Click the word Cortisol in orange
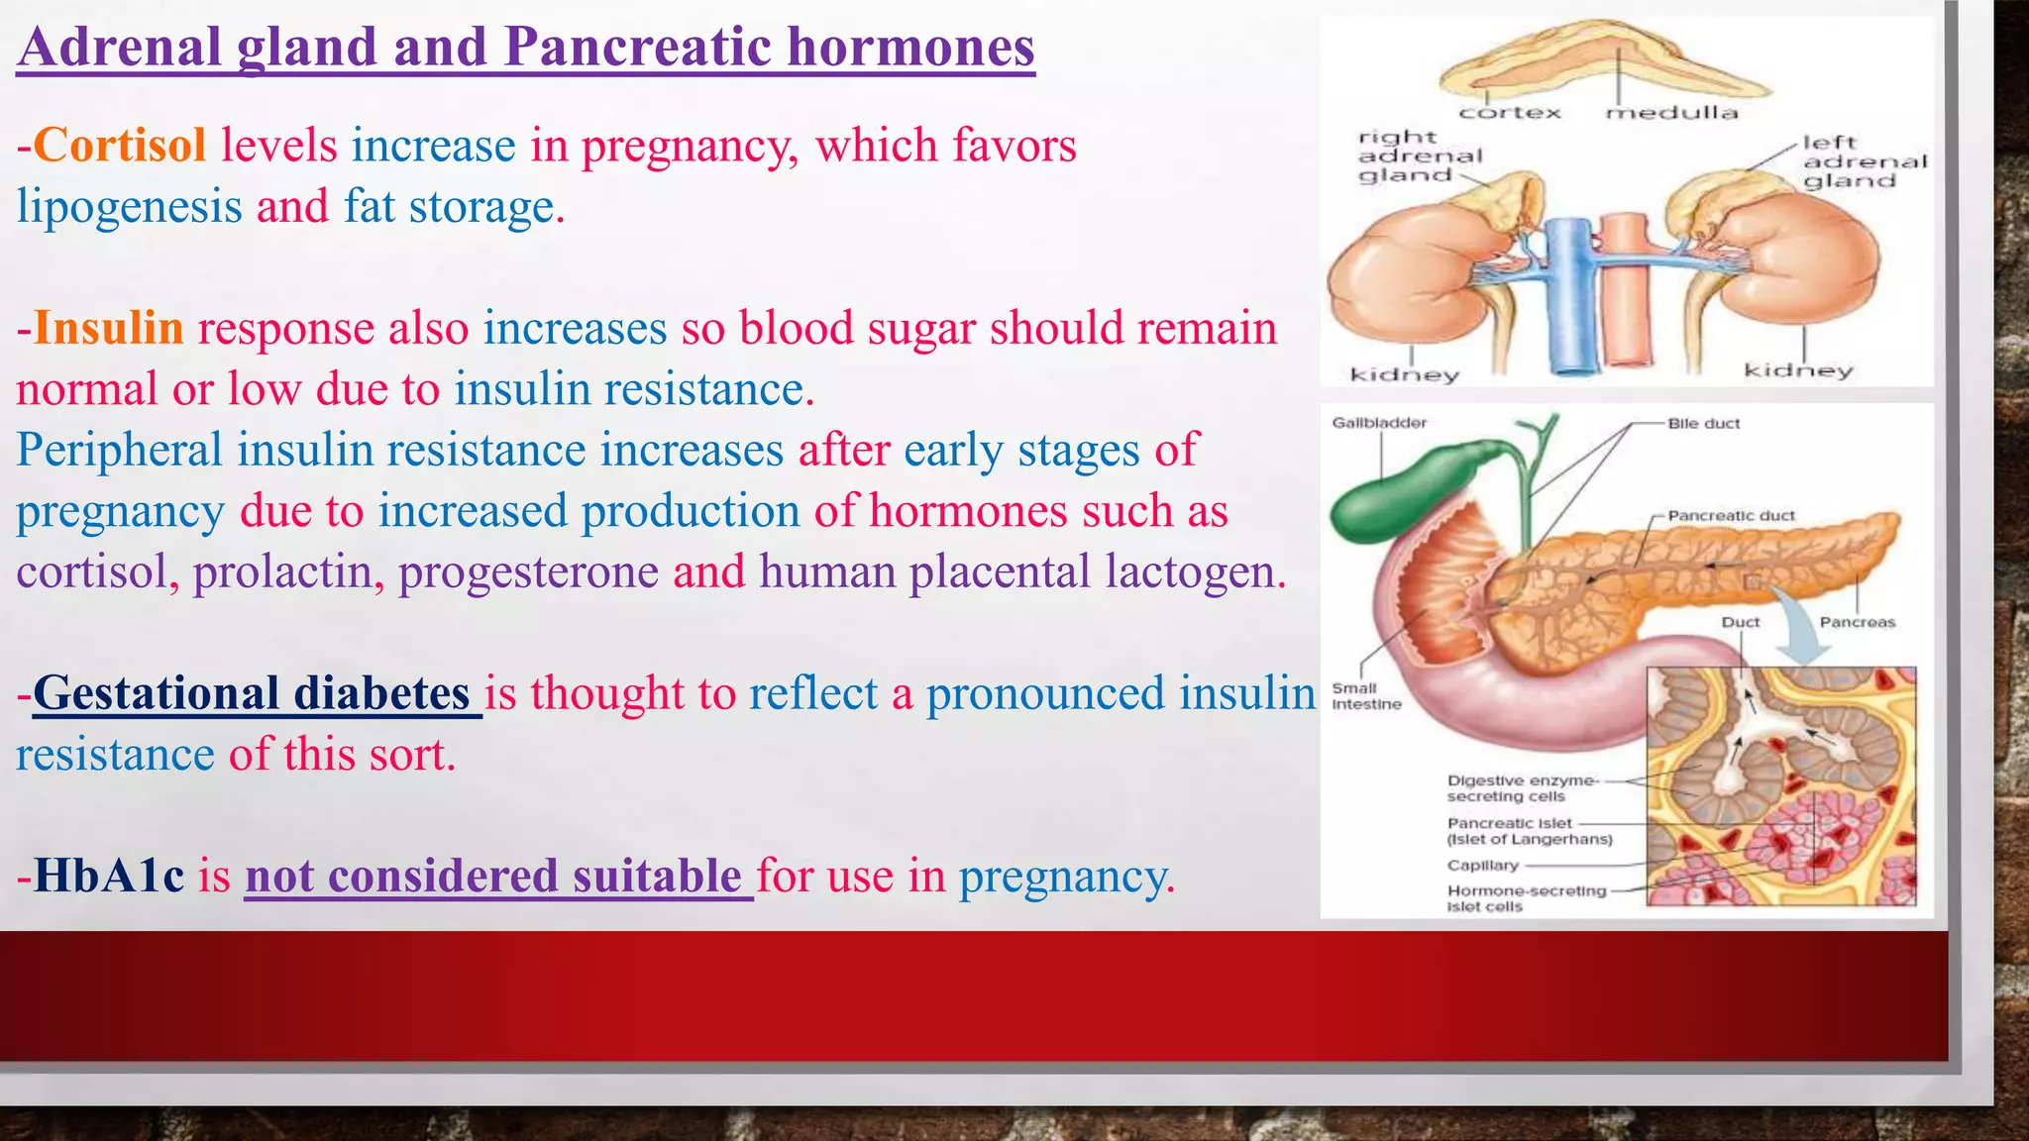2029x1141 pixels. point(120,146)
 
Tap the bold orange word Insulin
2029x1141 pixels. point(109,328)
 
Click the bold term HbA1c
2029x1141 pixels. point(109,877)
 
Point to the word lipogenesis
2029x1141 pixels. point(129,207)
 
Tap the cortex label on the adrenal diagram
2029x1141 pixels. point(1510,113)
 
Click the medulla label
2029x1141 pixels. point(1671,113)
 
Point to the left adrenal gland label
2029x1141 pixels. point(1863,161)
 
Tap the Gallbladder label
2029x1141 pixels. point(1378,423)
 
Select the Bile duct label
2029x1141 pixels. point(1703,424)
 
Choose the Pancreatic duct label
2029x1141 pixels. point(1730,516)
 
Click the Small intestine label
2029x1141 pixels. point(1365,696)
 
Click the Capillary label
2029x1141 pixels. point(1482,866)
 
